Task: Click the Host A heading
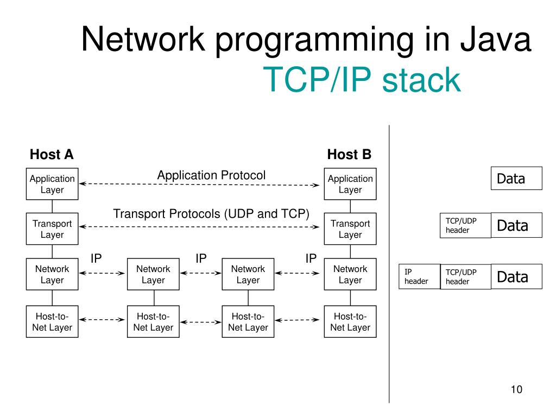point(52,155)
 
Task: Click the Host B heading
point(349,155)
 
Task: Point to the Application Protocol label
point(211,175)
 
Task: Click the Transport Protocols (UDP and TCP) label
point(211,214)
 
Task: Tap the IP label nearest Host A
point(96,258)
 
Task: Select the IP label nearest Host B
point(311,258)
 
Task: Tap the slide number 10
point(517,389)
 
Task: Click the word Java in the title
point(496,39)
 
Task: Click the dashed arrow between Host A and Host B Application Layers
point(199,185)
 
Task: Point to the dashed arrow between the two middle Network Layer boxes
point(201,273)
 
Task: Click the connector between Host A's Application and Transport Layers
point(52,206)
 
